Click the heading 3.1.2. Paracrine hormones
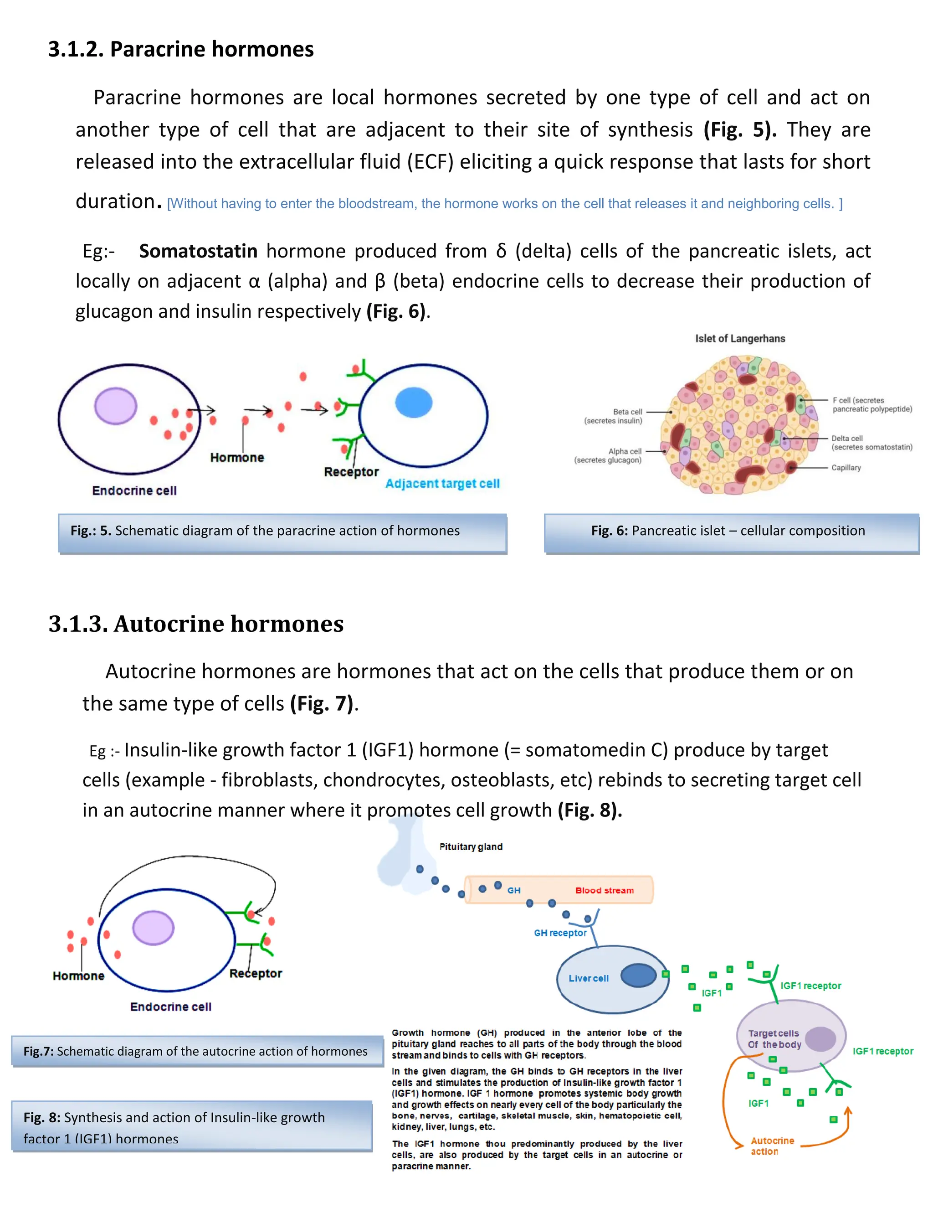[181, 49]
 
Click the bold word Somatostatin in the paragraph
[198, 251]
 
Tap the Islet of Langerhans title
[739, 339]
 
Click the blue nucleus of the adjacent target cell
[414, 402]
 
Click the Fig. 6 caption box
[731, 532]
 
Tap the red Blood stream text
[604, 891]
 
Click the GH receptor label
[560, 933]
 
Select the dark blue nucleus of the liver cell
[638, 975]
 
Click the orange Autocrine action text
[772, 1146]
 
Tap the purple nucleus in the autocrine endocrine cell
[153, 928]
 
